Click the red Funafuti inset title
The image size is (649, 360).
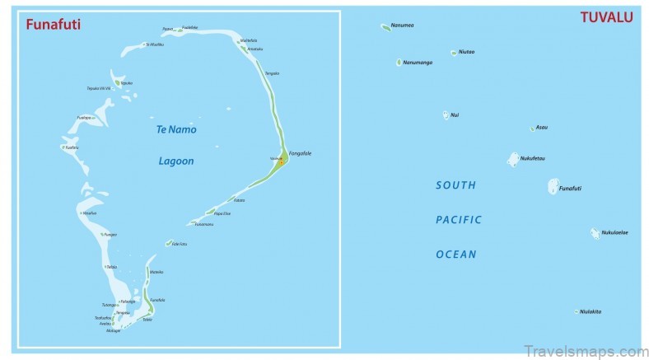pos(54,25)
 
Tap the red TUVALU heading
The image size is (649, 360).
pos(607,17)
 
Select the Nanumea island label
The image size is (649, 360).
pos(403,26)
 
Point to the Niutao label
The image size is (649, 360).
pos(466,52)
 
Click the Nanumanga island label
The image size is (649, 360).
pos(418,62)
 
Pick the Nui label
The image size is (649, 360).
pos(455,115)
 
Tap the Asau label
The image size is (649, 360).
pos(542,128)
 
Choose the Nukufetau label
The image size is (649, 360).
pos(533,158)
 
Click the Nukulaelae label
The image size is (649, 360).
pos(614,232)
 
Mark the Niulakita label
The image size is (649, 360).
pos(591,311)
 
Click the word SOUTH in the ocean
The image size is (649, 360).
pos(456,186)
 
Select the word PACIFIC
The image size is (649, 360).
pos(459,220)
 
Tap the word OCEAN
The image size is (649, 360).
pos(456,255)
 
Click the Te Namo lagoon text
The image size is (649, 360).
pos(176,130)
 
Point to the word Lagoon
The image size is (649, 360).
pos(176,161)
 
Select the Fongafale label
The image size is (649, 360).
pos(300,153)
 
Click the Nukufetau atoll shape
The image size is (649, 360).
pos(513,159)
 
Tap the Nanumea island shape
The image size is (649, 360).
pos(385,26)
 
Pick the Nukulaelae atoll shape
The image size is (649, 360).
pos(595,234)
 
